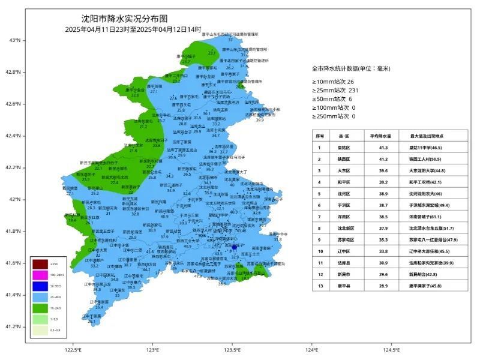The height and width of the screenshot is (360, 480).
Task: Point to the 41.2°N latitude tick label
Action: pos(13,326)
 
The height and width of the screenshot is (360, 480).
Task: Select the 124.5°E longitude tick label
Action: pos(391,350)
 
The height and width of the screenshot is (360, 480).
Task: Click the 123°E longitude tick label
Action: pos(152,350)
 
